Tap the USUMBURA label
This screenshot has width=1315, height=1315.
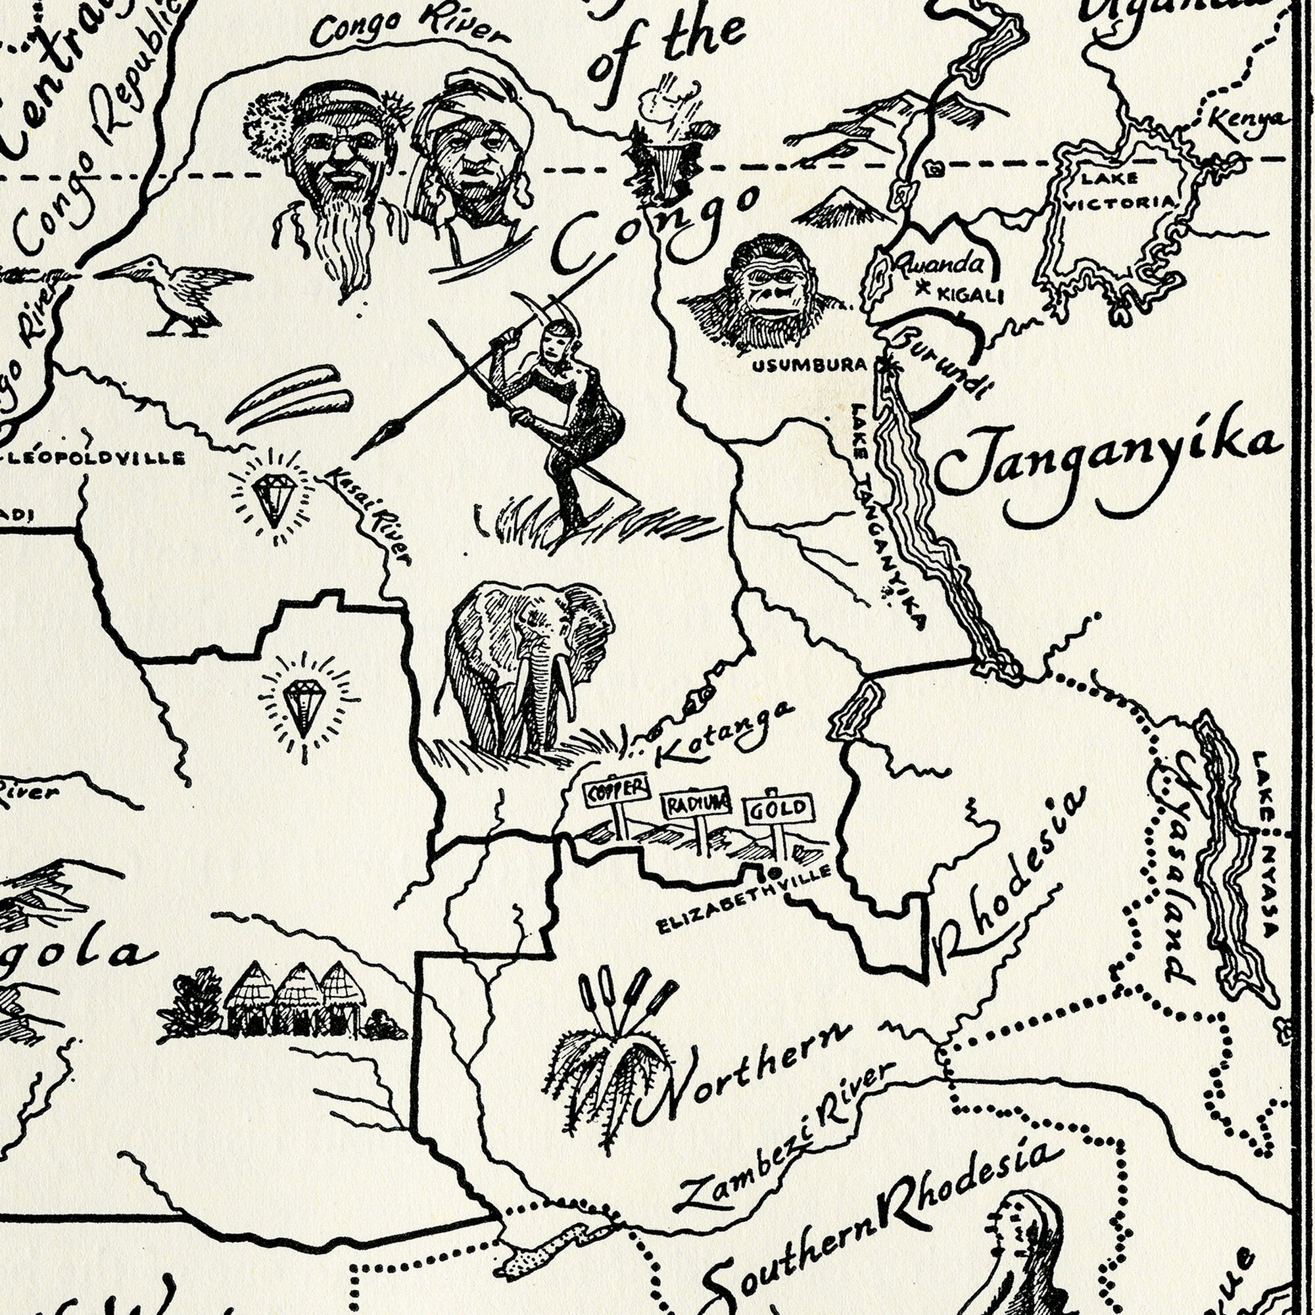809,366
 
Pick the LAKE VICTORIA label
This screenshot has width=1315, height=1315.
1119,191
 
